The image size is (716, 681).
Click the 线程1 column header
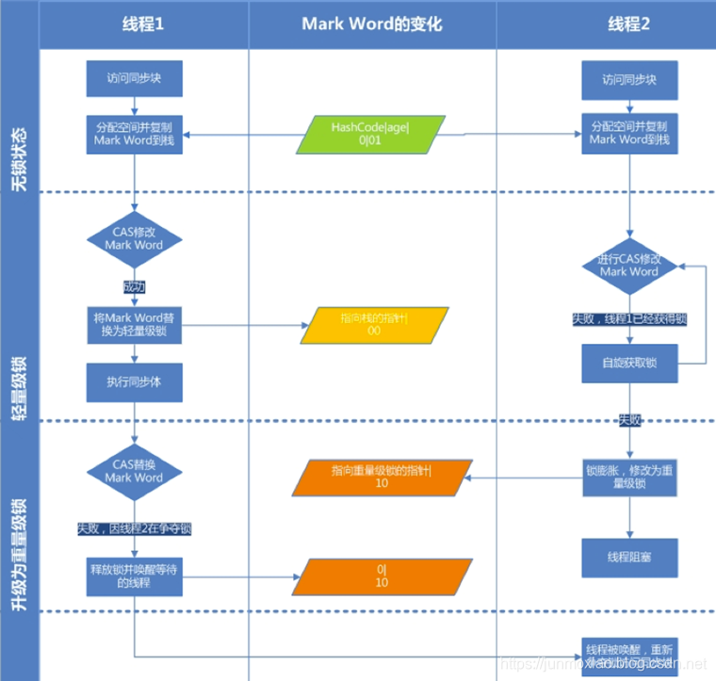(x=143, y=24)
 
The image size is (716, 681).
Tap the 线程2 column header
(x=628, y=24)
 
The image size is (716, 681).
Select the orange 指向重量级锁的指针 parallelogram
(x=380, y=477)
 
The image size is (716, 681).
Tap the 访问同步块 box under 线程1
(x=134, y=79)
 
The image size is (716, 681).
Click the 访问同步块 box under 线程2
(x=628, y=81)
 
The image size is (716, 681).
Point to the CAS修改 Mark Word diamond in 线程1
(x=134, y=238)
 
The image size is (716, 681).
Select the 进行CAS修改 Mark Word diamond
(x=629, y=266)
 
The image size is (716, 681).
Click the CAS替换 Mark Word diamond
(x=134, y=471)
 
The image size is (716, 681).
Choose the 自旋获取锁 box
(x=628, y=363)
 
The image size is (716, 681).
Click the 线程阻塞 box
(x=628, y=558)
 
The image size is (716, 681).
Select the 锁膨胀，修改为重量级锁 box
(x=628, y=477)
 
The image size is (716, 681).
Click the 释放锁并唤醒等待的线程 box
(x=134, y=576)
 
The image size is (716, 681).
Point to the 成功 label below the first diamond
(x=134, y=286)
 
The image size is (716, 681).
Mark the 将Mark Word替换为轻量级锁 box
(x=134, y=324)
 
